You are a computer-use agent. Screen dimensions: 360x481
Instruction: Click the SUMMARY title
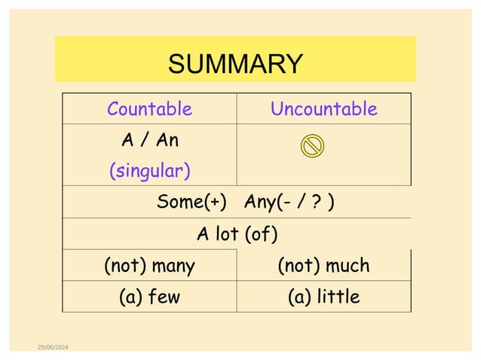point(234,63)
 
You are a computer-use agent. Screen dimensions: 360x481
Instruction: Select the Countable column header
point(149,109)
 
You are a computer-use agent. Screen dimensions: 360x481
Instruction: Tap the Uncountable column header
point(323,109)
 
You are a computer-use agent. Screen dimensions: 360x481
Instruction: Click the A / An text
point(149,140)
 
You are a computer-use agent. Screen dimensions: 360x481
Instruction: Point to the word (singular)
point(149,172)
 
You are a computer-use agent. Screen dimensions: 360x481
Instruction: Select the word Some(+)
point(192,203)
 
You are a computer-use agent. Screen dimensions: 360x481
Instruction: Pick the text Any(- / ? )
point(290,203)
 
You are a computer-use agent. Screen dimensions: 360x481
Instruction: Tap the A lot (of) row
point(237,234)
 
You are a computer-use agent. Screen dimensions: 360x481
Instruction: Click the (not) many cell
point(149,265)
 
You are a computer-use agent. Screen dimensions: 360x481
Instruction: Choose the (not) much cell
point(323,265)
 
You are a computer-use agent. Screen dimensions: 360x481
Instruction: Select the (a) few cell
point(149,297)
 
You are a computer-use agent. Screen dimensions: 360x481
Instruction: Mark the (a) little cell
point(323,297)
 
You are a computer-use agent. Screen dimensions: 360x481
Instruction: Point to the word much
point(346,265)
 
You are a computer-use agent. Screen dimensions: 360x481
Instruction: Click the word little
point(338,297)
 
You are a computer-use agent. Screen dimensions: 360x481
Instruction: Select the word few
point(164,297)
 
